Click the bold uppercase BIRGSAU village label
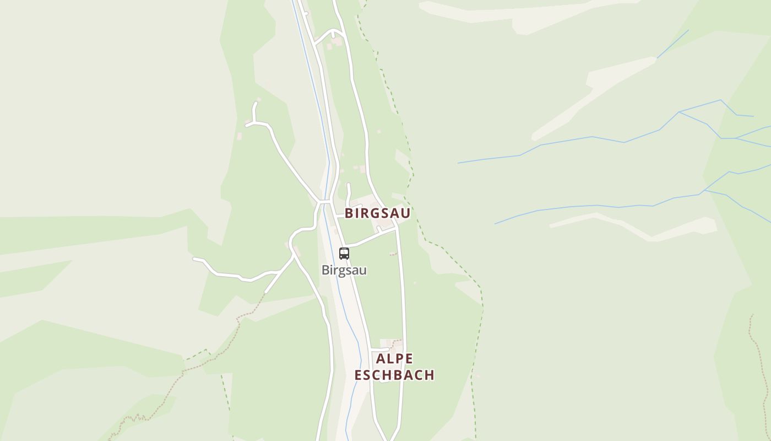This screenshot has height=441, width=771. click(x=378, y=213)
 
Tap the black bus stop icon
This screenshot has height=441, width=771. click(x=344, y=254)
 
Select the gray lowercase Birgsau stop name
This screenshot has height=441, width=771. click(x=344, y=270)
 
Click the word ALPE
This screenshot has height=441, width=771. click(x=394, y=359)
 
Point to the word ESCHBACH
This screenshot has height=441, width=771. click(x=394, y=375)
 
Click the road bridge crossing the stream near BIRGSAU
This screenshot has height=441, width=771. click(x=325, y=202)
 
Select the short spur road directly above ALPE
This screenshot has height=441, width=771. click(x=380, y=349)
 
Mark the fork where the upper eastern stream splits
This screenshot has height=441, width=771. click(x=680, y=112)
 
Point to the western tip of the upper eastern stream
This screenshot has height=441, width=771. click(x=458, y=163)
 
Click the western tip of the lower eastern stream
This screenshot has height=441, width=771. click(x=495, y=223)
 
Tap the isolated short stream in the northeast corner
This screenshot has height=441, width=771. click(x=673, y=44)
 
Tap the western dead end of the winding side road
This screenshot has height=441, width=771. click(x=194, y=258)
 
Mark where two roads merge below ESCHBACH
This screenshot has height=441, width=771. click(x=389, y=439)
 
